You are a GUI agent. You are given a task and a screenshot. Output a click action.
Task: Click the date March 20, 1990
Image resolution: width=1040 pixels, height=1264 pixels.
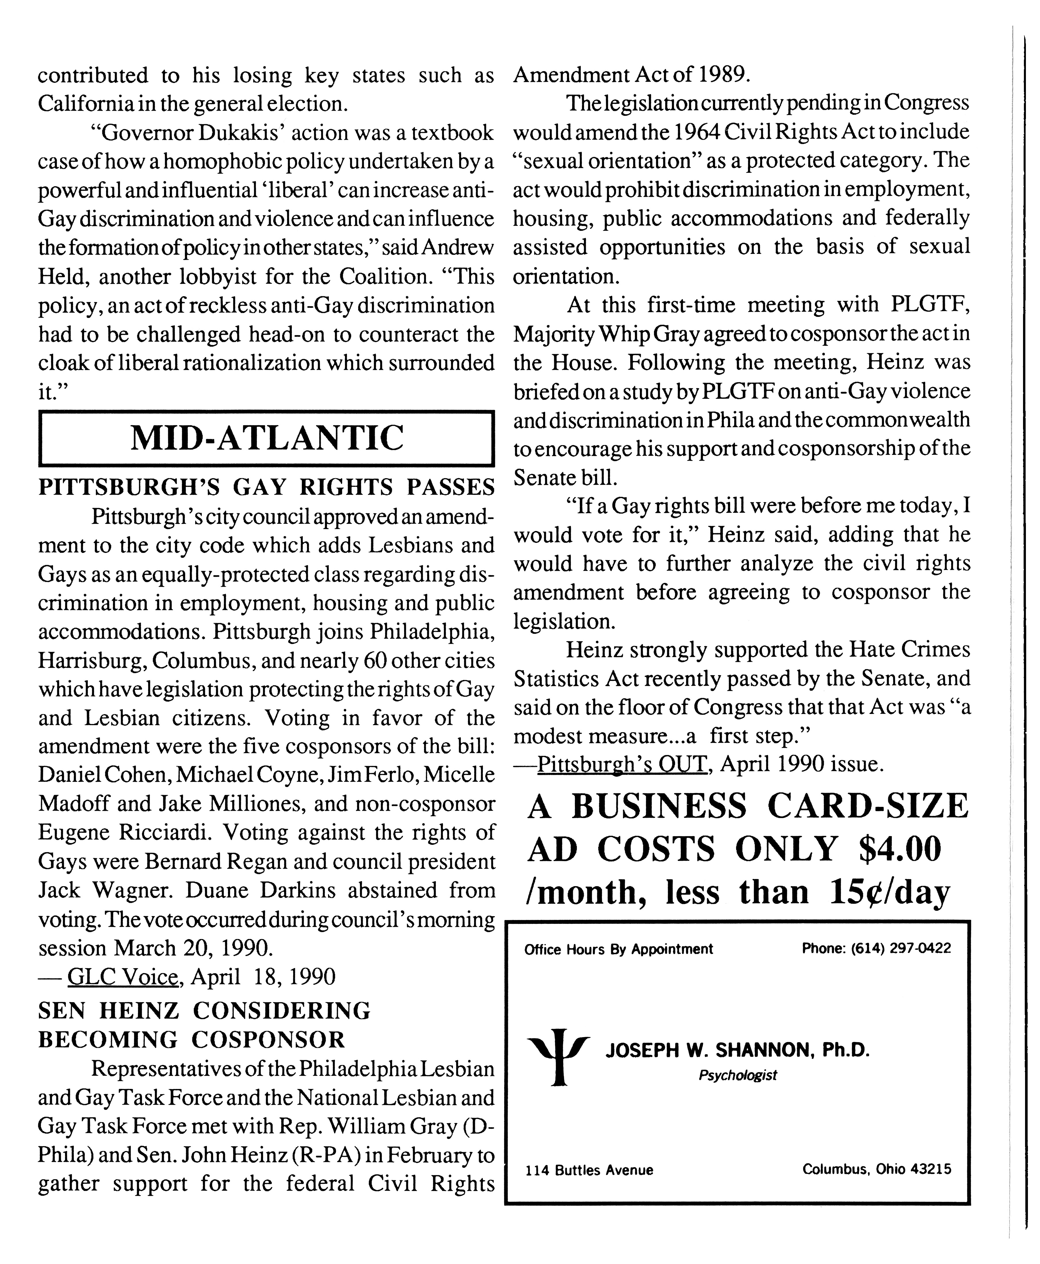click(x=193, y=948)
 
